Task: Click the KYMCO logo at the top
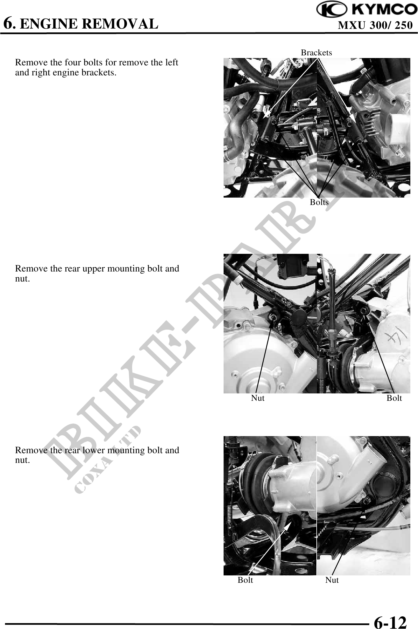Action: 367,10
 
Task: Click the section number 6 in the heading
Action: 8,23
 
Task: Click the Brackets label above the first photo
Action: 316,52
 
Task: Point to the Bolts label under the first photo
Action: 319,202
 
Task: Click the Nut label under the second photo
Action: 258,398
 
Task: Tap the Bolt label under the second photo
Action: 394,398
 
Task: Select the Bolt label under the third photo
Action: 245,580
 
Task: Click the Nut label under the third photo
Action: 332,580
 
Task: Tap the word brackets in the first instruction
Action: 98,72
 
